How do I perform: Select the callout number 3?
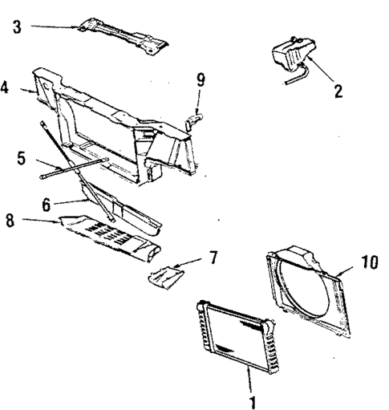coord(18,27)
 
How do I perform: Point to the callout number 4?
coord(6,87)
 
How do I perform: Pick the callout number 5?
coord(21,158)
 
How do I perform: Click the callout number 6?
coord(47,205)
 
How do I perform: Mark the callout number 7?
coord(213,258)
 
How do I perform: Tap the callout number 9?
coord(201,79)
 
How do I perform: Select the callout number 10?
coord(369,263)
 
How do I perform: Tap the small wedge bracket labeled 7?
coord(166,278)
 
